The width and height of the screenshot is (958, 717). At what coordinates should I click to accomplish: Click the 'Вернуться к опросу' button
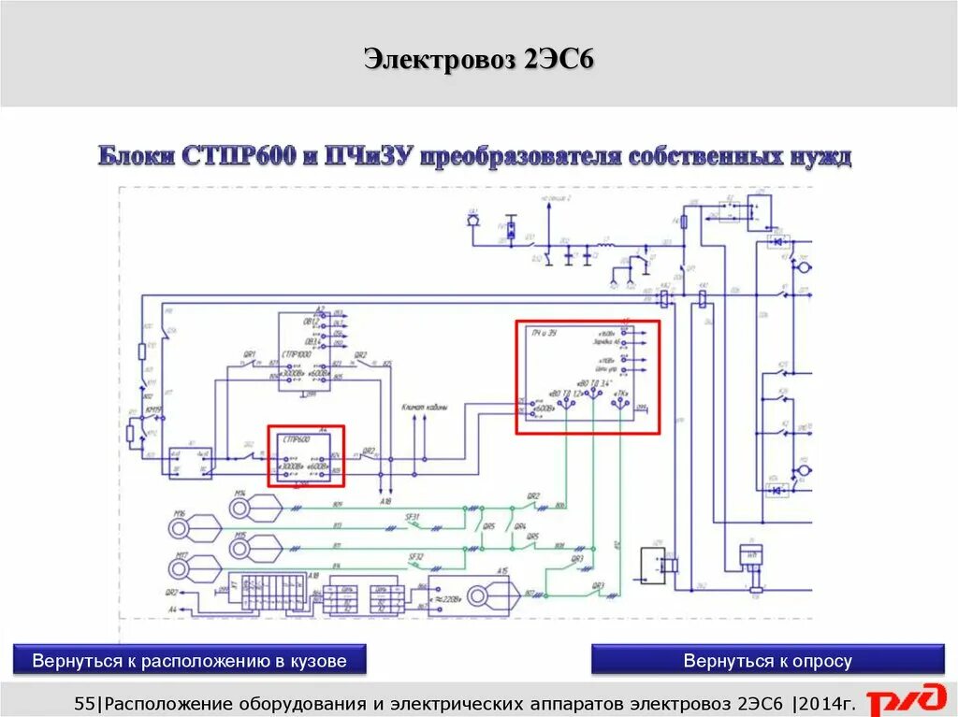click(x=767, y=661)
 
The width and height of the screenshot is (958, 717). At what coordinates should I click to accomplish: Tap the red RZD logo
click(x=907, y=700)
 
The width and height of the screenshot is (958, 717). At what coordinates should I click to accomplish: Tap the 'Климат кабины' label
click(x=424, y=409)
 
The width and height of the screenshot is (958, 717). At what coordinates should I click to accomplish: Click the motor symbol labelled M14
click(x=254, y=507)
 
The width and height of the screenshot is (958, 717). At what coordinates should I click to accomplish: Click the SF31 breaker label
click(x=413, y=517)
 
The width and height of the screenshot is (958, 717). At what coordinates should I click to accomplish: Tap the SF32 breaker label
click(x=415, y=556)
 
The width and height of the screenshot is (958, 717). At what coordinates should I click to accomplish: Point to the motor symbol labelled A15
click(x=492, y=593)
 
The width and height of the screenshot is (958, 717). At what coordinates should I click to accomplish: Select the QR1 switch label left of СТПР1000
click(x=250, y=354)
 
